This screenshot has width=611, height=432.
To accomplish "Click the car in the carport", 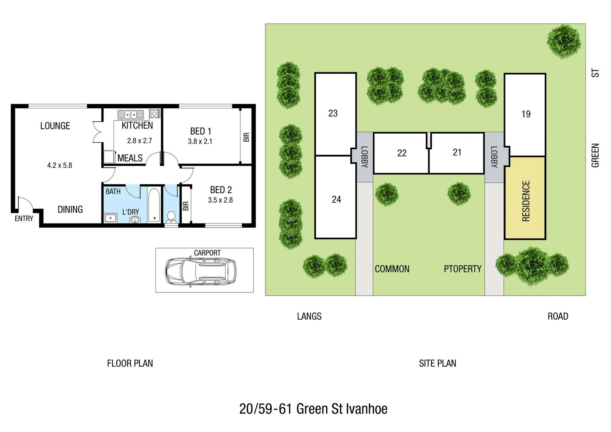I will tap(201, 271).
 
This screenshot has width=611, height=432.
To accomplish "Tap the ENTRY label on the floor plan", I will tap(24, 219).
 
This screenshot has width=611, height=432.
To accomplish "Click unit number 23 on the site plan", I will tap(333, 114).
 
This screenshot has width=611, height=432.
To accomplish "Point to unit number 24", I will tap(336, 200).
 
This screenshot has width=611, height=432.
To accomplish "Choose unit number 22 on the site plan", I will tap(401, 153).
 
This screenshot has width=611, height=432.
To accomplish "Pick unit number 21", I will tap(457, 152).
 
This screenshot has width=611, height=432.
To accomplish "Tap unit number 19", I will tap(526, 114).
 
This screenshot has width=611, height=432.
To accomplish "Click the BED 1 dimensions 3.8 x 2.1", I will tap(200, 142).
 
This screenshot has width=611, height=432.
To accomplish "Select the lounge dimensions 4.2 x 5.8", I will tap(60, 166).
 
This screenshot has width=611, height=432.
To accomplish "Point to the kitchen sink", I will tap(131, 115).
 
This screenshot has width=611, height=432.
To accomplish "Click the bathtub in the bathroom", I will tap(154, 205).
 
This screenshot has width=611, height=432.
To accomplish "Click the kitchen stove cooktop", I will tap(155, 114).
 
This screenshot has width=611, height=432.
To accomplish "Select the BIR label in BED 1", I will tap(246, 137).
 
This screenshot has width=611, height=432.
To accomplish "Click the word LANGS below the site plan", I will tap(309, 316).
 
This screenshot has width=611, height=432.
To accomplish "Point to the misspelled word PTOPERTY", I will tap(462, 269).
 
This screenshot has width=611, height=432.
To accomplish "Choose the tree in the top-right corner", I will tap(564, 40).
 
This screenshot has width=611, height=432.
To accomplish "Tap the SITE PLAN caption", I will tap(437, 364).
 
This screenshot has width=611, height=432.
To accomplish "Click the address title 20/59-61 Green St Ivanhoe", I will tap(313, 409).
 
